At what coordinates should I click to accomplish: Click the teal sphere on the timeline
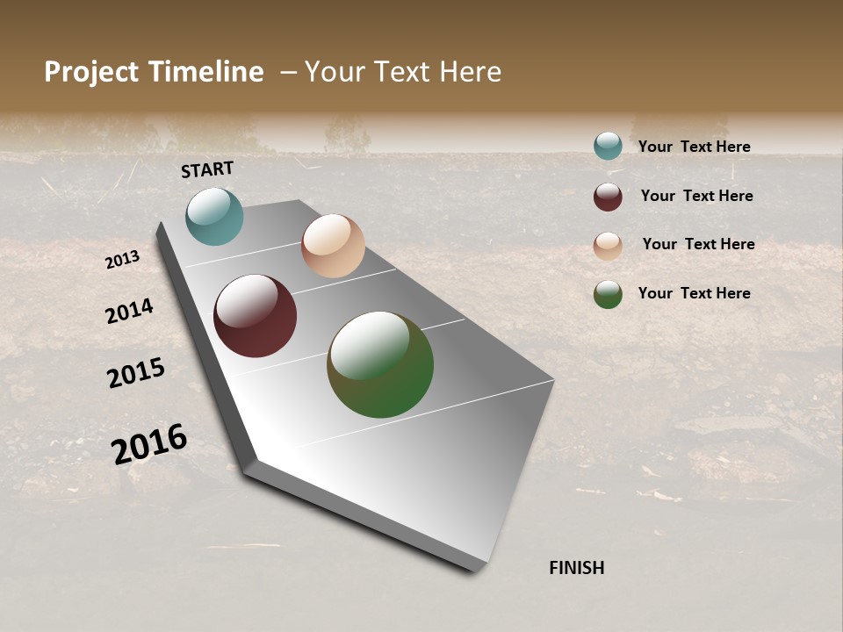coord(214,216)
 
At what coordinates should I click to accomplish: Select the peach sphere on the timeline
coord(333,246)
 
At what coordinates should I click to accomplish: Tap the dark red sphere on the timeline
coord(255,316)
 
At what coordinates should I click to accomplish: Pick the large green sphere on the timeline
coord(380,364)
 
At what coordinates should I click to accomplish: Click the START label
coord(207,169)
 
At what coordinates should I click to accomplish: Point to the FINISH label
coord(577,568)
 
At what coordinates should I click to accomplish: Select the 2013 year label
coord(122,260)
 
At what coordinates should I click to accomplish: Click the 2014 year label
coord(129,311)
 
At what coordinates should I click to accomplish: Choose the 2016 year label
coord(149,443)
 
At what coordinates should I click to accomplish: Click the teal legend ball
coord(608,146)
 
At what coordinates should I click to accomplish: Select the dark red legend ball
coord(608,197)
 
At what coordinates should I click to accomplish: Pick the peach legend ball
coord(608,246)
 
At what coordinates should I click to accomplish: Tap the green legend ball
coord(608,294)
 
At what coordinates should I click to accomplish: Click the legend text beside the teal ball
coord(694,147)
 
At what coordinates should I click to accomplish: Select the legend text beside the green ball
coord(694,293)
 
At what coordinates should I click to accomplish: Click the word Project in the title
coord(92,72)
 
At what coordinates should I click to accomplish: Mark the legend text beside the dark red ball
coord(696,196)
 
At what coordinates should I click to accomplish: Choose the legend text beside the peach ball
coord(698,244)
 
